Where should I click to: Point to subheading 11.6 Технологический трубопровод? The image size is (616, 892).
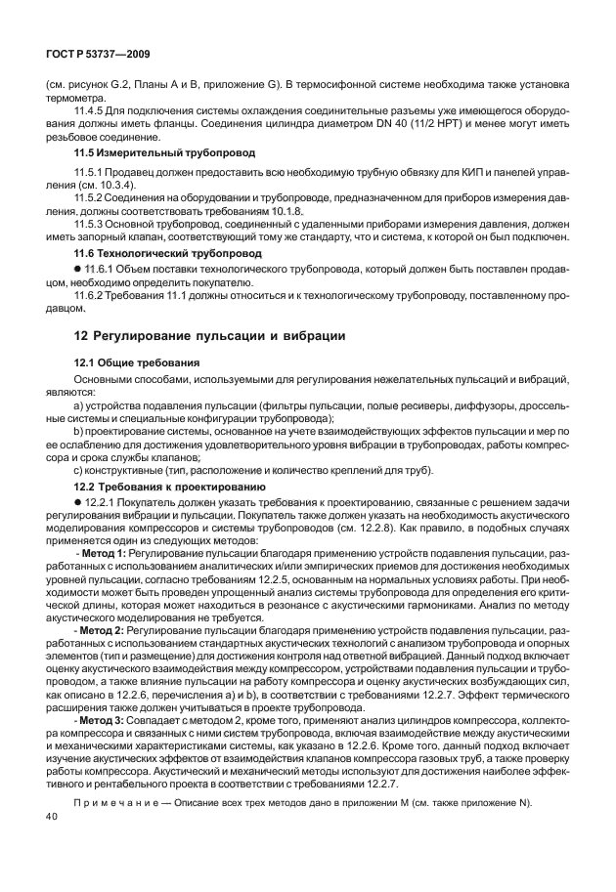169,252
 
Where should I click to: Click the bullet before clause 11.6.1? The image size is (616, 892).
77,268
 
